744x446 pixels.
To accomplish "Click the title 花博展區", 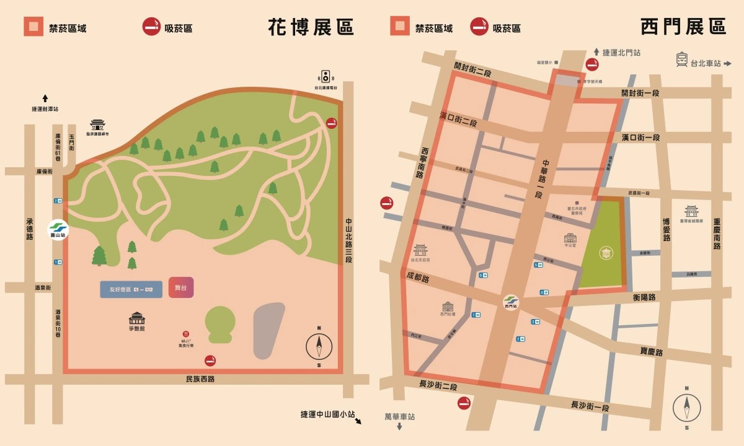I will [x=311, y=27].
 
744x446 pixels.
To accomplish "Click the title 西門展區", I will [x=683, y=27].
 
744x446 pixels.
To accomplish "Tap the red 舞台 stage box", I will [x=181, y=288].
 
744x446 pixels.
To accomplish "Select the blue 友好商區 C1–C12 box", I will [x=131, y=289].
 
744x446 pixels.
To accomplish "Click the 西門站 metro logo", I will [x=511, y=300].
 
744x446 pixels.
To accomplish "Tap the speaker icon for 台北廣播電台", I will [x=325, y=77].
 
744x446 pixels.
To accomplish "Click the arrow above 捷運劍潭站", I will [x=45, y=98].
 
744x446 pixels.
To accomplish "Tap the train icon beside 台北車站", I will [x=682, y=60].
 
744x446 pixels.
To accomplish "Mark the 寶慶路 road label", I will [x=652, y=352].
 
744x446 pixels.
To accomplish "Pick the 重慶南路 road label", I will [x=717, y=234].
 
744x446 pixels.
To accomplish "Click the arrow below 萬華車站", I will [x=400, y=427].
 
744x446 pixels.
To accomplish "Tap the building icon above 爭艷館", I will [x=136, y=318].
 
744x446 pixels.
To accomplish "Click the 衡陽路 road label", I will [x=644, y=297].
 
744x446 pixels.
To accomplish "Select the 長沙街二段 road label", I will [x=438, y=385].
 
